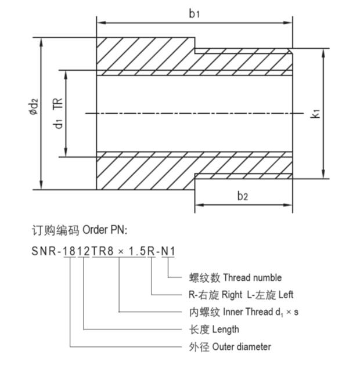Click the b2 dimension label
[243, 196]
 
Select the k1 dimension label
[315, 113]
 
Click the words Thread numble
[252, 278]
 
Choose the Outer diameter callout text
[242, 346]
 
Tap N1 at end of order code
[169, 251]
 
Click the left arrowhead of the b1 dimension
[100, 23]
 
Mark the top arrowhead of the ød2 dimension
[41, 42]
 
